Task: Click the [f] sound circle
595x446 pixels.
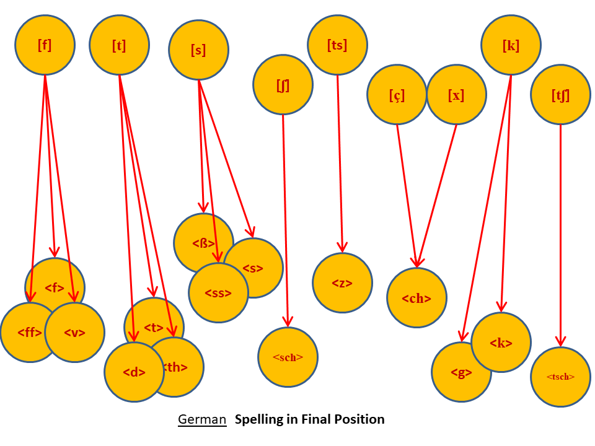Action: [x=45, y=45]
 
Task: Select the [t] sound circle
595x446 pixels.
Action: [x=119, y=46]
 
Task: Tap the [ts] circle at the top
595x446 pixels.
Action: [x=337, y=45]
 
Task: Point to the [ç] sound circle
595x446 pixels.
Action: [x=397, y=95]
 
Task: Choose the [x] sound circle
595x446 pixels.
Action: [x=456, y=95]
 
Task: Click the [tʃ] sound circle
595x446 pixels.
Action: [x=560, y=95]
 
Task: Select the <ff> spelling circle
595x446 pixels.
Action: [x=26, y=333]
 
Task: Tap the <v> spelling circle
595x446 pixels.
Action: [x=75, y=333]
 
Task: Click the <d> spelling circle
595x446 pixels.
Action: [x=134, y=372]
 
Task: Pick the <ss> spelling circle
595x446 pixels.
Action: [x=218, y=293]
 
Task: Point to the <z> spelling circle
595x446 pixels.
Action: [x=342, y=283]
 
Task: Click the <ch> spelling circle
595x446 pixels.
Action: [x=416, y=298]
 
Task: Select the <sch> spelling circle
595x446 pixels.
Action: [x=288, y=357]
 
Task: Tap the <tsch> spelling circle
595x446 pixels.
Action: [x=560, y=377]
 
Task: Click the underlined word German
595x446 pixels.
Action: [x=202, y=419]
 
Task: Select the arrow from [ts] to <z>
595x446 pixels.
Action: [x=340, y=161]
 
